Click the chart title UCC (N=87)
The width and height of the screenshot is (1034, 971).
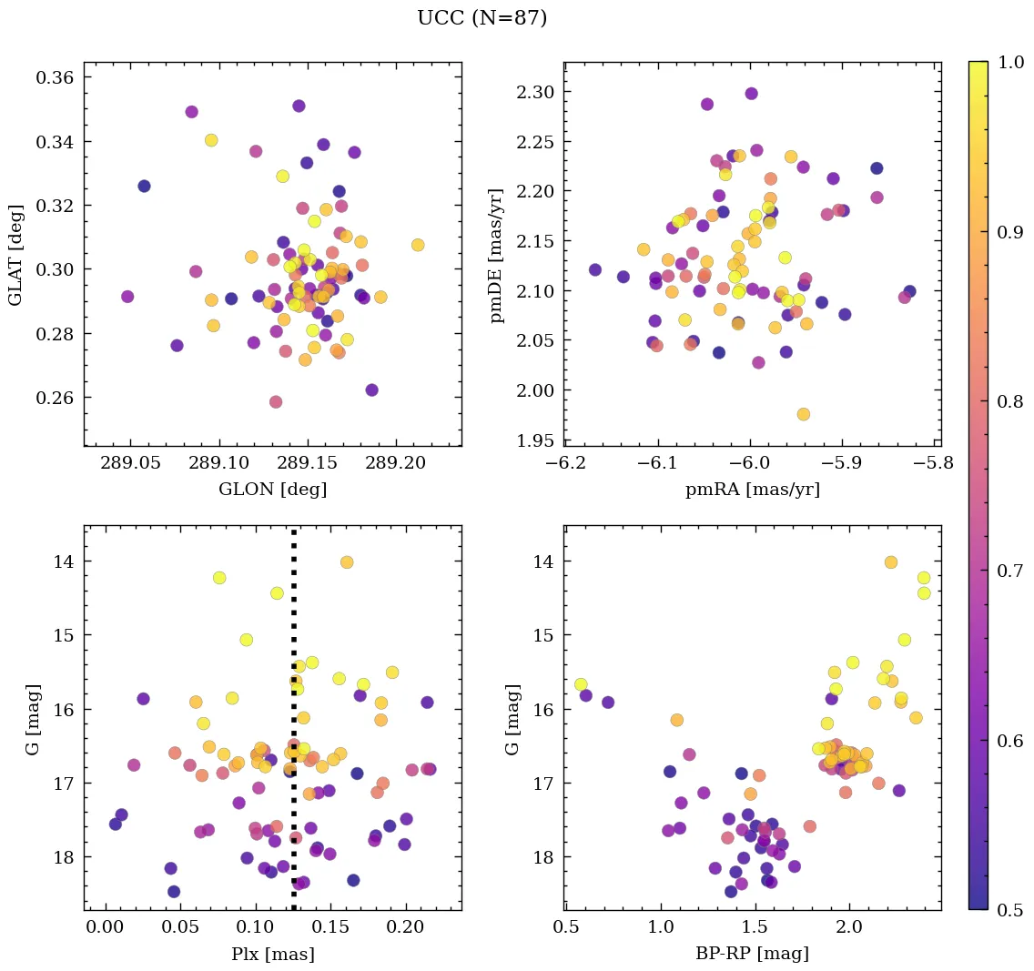(x=482, y=18)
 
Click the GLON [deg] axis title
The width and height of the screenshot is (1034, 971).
(x=272, y=490)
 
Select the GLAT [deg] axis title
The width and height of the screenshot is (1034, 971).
(x=15, y=254)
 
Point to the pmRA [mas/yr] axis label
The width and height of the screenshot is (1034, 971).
(x=752, y=490)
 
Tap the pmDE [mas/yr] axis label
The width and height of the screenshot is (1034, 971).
(x=497, y=254)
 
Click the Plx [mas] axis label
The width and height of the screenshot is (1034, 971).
(x=272, y=954)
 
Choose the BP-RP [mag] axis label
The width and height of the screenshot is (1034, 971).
(x=752, y=954)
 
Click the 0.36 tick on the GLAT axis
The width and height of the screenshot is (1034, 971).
(x=55, y=77)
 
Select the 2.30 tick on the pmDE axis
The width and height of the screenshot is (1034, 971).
(x=535, y=92)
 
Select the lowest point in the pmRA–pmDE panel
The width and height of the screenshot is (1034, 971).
(x=803, y=414)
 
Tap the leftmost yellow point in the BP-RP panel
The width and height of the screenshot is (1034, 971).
(x=581, y=684)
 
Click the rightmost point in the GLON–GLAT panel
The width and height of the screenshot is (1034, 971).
(x=418, y=245)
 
